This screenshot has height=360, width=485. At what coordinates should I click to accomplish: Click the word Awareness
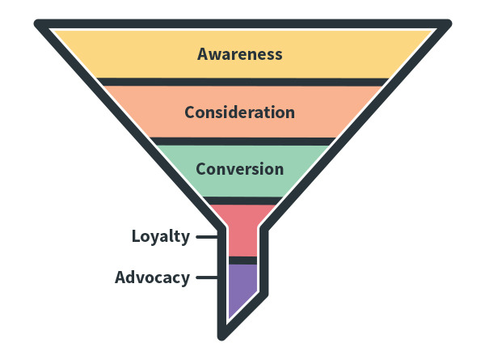pyautogui.click(x=240, y=54)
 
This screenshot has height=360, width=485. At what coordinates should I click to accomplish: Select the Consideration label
pyautogui.click(x=239, y=112)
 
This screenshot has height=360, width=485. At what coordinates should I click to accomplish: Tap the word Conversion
pyautogui.click(x=239, y=169)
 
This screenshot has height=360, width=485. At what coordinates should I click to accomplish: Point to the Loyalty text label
pyautogui.click(x=161, y=237)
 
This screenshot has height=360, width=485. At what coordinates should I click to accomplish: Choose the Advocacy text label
pyautogui.click(x=152, y=277)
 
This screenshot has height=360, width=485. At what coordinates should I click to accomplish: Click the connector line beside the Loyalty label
pyautogui.click(x=207, y=237)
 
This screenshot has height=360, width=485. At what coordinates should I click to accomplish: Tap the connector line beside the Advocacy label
pyautogui.click(x=207, y=277)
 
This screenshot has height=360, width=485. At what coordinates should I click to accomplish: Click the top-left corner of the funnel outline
pyautogui.click(x=40, y=24)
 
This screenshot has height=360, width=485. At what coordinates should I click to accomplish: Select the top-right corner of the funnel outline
pyautogui.click(x=445, y=24)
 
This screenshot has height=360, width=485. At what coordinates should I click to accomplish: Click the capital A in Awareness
pyautogui.click(x=204, y=54)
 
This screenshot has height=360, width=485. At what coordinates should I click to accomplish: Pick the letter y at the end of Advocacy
pyautogui.click(x=185, y=279)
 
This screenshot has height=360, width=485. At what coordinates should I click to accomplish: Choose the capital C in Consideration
pyautogui.click(x=190, y=112)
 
